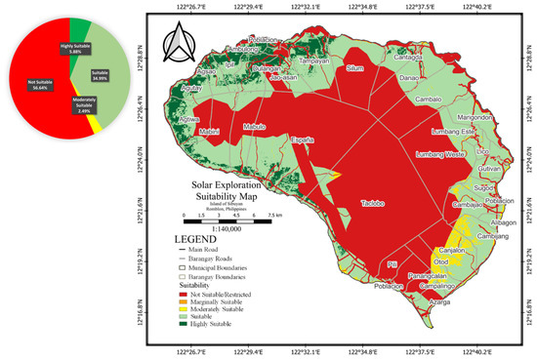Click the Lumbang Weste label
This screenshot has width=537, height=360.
coord(440,154)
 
